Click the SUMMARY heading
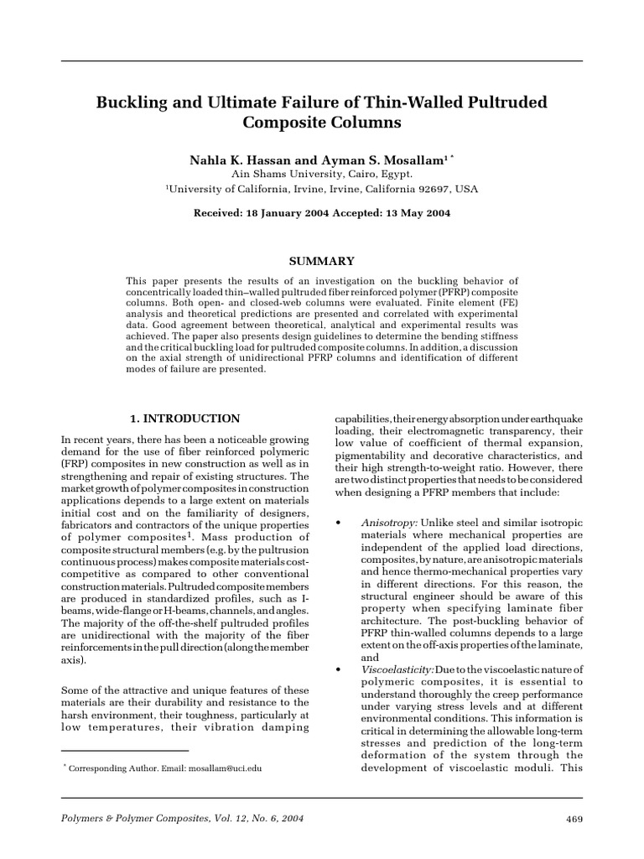(x=321, y=262)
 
